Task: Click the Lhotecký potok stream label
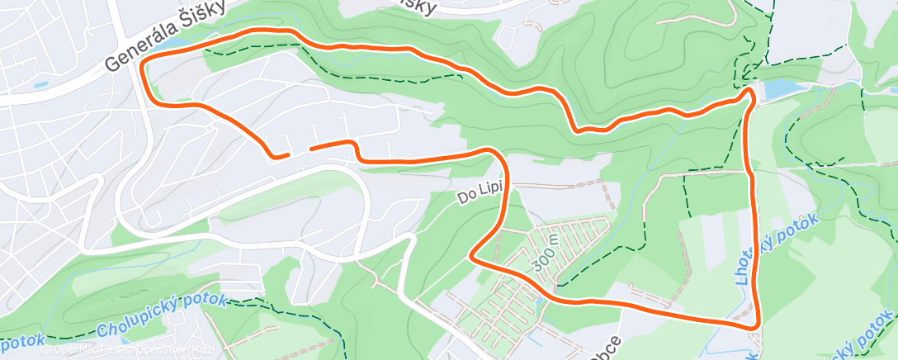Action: tap(775, 249)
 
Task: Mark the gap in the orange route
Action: tap(300, 151)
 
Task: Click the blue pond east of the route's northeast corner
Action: tap(779, 88)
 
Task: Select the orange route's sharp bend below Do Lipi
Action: tap(473, 256)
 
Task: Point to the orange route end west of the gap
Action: tap(287, 154)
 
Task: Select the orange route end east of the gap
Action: tap(311, 149)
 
